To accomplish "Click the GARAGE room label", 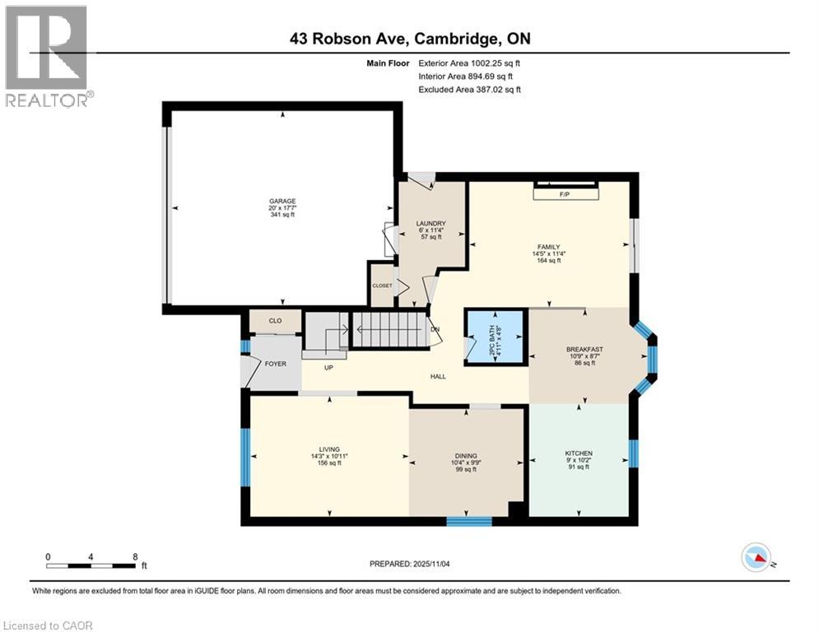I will (282, 201).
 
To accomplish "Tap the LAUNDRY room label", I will (430, 223).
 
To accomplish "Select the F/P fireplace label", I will (565, 194).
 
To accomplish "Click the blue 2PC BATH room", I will (496, 337).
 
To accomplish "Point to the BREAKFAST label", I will (584, 349).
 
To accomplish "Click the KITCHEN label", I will (578, 453).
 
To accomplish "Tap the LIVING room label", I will (329, 449).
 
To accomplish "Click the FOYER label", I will (275, 363).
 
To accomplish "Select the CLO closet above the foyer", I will (275, 321).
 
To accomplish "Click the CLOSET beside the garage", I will (382, 286).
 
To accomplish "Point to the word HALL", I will (438, 376).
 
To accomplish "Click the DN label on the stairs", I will (435, 330).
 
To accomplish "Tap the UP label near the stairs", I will (328, 367).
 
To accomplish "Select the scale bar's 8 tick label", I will (135, 556).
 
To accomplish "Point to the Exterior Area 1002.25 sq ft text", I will (469, 63).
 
